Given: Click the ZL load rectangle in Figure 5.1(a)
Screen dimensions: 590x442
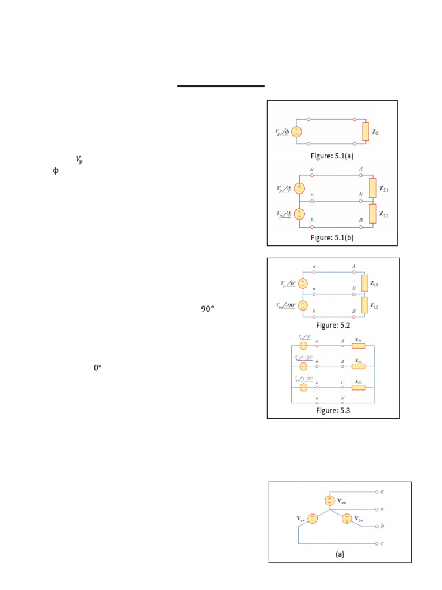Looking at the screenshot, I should point(365,131).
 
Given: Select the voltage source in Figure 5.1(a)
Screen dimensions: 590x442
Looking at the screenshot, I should point(296,131).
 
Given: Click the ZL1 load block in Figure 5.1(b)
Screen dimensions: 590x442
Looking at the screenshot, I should point(372,188).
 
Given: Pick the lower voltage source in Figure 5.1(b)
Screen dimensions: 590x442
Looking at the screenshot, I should point(299,214).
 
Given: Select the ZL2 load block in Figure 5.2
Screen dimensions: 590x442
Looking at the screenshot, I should point(364,305).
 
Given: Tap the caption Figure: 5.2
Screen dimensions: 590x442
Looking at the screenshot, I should point(333,326).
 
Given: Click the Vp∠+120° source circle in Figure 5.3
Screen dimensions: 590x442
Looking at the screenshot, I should point(303,387).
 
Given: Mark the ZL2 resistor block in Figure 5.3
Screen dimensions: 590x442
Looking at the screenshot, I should point(358,366).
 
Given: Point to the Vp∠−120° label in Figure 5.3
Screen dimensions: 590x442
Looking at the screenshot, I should point(305,358).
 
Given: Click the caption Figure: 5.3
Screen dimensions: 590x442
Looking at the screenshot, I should point(333,411).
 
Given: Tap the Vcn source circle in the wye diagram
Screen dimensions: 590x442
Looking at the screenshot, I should point(312,519).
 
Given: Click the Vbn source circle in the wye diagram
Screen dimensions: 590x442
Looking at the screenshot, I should point(346,519).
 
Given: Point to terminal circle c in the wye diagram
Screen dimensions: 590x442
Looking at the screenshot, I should point(375,543).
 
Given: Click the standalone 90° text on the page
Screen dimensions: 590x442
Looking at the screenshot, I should point(207,309).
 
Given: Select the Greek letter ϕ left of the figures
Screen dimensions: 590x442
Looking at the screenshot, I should point(55,171).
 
